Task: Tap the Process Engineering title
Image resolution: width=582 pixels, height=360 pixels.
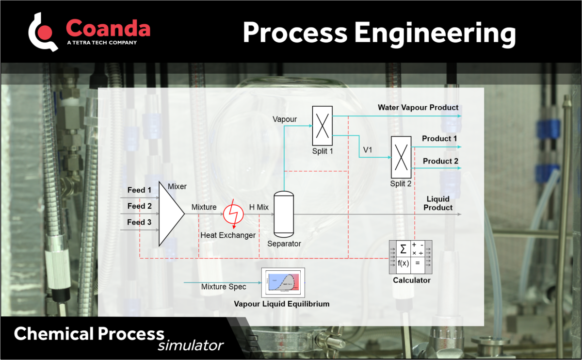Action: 379,33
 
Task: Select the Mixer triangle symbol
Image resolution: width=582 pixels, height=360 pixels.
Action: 170,213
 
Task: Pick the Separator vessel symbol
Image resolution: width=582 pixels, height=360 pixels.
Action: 284,213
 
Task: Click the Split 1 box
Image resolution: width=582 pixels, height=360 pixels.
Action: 322,125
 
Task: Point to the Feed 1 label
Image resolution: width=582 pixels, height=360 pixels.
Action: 140,190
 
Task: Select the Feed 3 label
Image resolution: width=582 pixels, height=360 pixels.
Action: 140,222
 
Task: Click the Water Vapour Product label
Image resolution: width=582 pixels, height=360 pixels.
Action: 418,107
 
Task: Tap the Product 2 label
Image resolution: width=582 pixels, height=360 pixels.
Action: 440,161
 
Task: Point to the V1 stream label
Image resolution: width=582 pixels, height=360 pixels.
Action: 368,150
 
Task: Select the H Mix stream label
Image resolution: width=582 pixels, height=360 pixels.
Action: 259,207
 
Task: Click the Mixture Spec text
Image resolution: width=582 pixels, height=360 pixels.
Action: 224,287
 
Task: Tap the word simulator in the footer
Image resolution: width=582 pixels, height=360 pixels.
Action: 191,345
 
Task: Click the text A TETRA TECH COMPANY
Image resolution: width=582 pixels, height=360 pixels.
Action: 101,43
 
